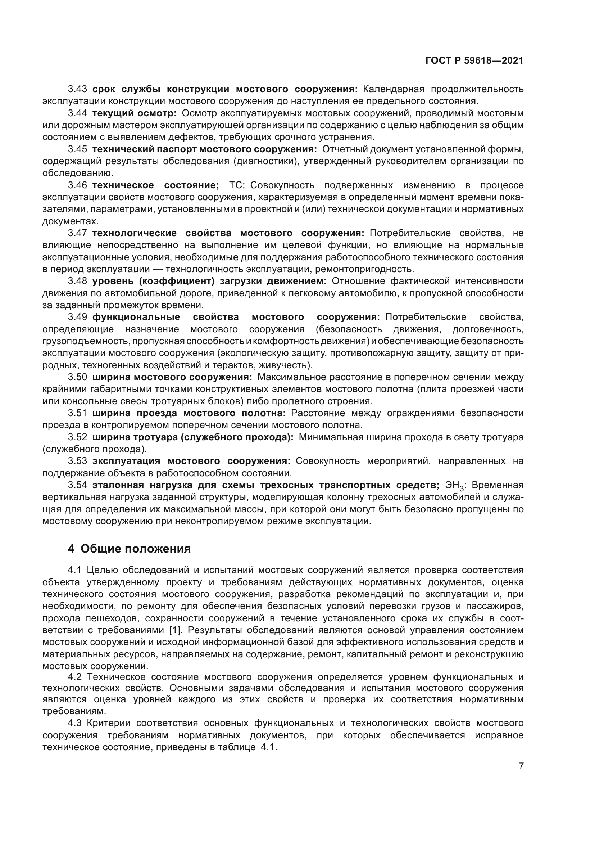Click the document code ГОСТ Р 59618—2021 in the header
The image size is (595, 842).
[474, 61]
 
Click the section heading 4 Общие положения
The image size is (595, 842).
[130, 549]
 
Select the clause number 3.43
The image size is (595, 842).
[77, 89]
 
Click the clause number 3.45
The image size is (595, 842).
[77, 149]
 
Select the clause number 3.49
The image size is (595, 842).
[77, 317]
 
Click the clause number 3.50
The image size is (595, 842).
[77, 377]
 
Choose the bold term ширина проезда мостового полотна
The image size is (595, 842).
[189, 413]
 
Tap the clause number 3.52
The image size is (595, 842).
[77, 437]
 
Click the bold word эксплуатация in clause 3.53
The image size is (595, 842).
[126, 461]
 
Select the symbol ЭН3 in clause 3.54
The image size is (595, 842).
[455, 486]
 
